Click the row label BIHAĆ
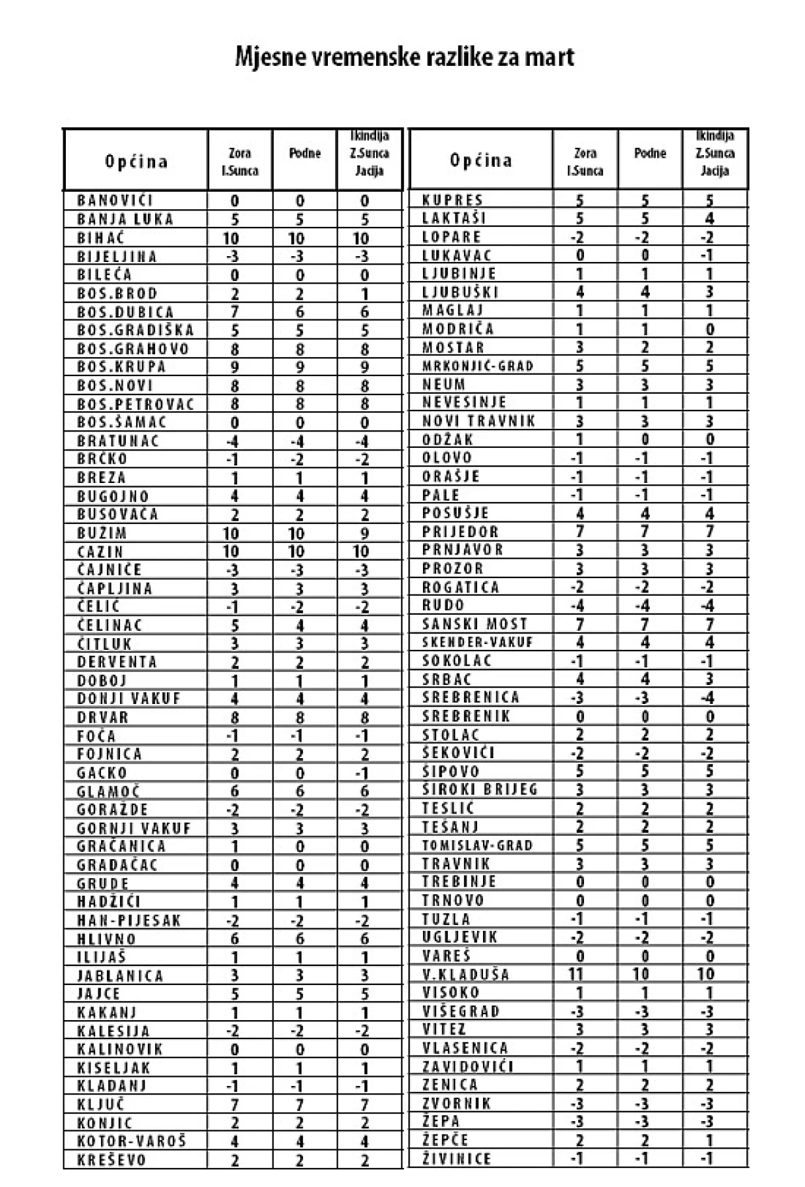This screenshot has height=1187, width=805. click(x=101, y=238)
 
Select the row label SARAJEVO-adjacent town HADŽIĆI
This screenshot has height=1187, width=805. click(x=109, y=901)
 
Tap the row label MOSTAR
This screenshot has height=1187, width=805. click(x=454, y=347)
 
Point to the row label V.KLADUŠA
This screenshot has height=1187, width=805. click(x=465, y=975)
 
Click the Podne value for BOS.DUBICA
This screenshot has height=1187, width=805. click(x=300, y=312)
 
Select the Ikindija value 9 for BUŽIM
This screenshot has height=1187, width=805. click(x=364, y=533)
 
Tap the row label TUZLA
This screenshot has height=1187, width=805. click(x=446, y=919)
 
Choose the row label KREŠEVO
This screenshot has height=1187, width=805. click(x=111, y=1160)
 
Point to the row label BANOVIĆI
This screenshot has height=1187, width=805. click(x=115, y=201)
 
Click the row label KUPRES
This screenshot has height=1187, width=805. click(x=453, y=200)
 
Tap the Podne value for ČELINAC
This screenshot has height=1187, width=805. click(x=300, y=626)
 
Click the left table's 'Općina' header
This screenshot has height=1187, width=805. click(x=136, y=161)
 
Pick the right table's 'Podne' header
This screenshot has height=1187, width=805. click(x=650, y=153)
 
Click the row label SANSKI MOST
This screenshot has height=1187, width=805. click(x=475, y=624)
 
